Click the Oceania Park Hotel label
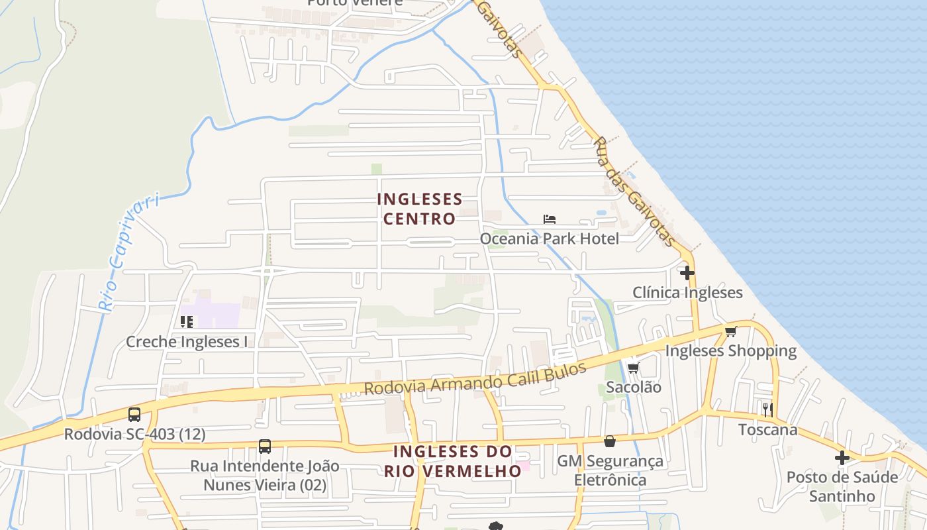tap(549, 238)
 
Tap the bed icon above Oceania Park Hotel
tap(549, 219)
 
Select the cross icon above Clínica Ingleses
tap(687, 272)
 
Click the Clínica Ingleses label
tap(687, 292)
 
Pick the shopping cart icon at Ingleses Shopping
tap(730, 331)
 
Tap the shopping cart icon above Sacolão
tap(633, 368)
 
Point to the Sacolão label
tap(634, 387)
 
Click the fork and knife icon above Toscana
tap(767, 409)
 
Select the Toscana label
tap(768, 429)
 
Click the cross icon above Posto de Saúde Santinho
tap(842, 457)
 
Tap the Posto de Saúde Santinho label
tap(842, 486)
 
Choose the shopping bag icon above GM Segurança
tap(609, 441)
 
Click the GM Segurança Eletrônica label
tap(610, 470)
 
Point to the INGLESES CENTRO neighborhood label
tap(419, 209)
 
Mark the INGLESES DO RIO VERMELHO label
tap(453, 461)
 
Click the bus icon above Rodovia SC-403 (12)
tap(134, 415)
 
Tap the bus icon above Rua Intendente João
tap(265, 447)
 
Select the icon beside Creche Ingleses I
tap(187, 322)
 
